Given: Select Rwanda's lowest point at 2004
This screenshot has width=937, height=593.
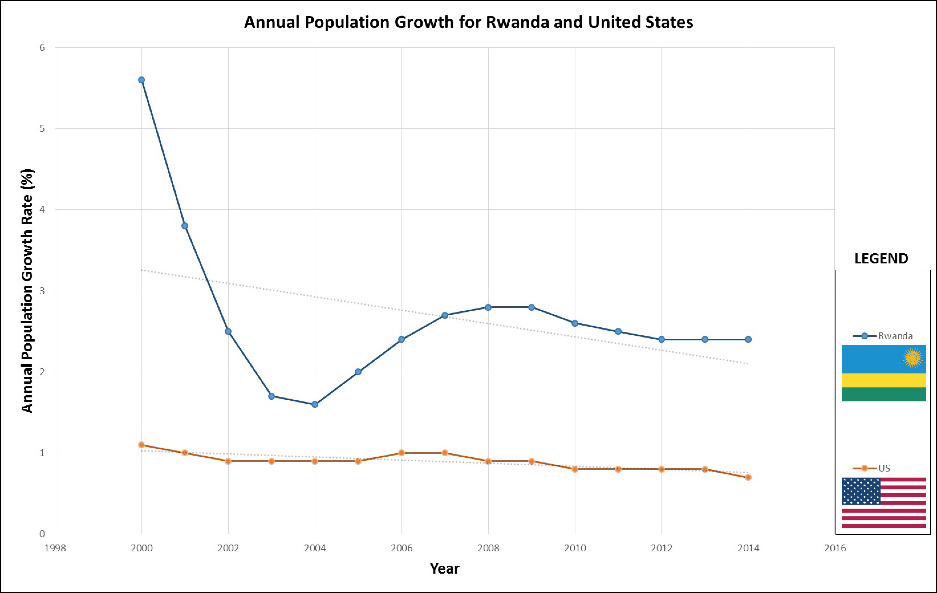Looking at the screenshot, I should point(315,404).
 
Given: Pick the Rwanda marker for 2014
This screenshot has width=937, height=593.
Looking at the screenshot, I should point(748,339).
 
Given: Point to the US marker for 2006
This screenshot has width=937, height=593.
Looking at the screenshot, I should point(401,453).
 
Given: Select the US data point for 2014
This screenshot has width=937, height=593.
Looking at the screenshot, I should point(748,477).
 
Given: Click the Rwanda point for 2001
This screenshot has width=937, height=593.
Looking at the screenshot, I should point(185,226).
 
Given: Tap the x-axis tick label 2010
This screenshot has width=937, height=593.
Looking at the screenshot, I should point(575,548).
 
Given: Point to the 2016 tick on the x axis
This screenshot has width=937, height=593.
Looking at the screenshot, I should point(835,548).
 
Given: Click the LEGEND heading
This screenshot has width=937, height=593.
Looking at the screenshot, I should point(881,258).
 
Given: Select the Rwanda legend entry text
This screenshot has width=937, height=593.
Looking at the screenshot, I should point(895,336).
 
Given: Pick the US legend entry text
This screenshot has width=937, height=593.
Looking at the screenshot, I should point(884,468).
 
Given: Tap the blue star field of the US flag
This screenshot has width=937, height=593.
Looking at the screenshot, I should point(861,491).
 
